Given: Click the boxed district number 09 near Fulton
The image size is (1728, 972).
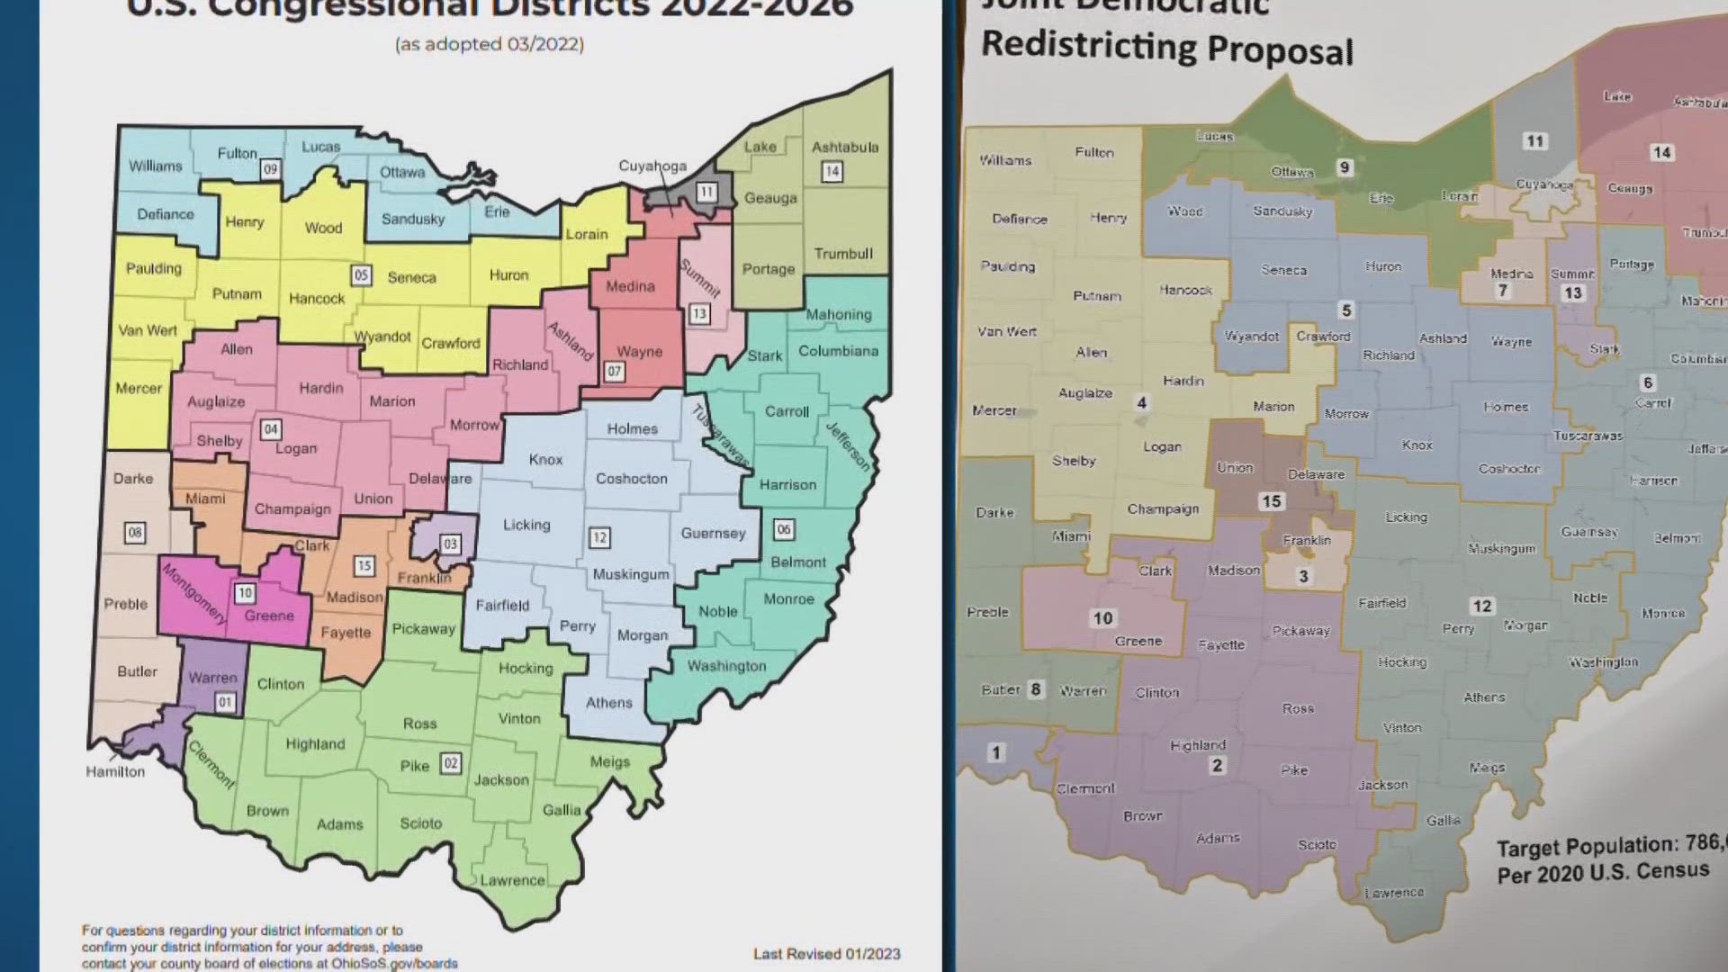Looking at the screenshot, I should (x=270, y=168).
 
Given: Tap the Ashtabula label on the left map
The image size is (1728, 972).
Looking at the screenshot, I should (x=845, y=147).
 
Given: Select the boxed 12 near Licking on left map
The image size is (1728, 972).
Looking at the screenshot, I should (x=599, y=537).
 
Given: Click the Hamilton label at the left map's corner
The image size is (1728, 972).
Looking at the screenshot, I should (x=115, y=771).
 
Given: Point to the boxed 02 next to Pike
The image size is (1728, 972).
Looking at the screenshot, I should (x=451, y=763).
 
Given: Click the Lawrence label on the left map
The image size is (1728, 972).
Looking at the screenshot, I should (x=512, y=880).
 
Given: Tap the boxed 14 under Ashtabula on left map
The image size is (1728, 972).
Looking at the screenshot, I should (x=832, y=171).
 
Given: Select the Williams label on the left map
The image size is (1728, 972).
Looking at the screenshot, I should (x=155, y=166).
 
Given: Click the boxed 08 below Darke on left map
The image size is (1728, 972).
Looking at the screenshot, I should (x=134, y=532).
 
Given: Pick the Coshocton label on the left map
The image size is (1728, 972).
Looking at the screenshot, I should (x=632, y=478).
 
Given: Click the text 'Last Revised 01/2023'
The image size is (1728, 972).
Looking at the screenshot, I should (x=826, y=953).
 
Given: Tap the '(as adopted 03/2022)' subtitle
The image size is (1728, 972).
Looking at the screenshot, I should (x=490, y=44).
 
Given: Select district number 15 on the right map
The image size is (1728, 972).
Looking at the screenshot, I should (x=1271, y=501).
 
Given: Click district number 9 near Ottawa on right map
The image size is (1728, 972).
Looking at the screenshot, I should (x=1345, y=166).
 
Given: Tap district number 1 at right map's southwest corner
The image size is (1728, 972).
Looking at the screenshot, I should (x=995, y=752).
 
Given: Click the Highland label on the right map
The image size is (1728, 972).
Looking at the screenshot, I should (x=1198, y=745).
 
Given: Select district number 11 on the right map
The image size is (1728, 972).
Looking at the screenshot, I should (x=1534, y=140).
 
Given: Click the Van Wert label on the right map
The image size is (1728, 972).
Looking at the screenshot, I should (x=1007, y=331).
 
